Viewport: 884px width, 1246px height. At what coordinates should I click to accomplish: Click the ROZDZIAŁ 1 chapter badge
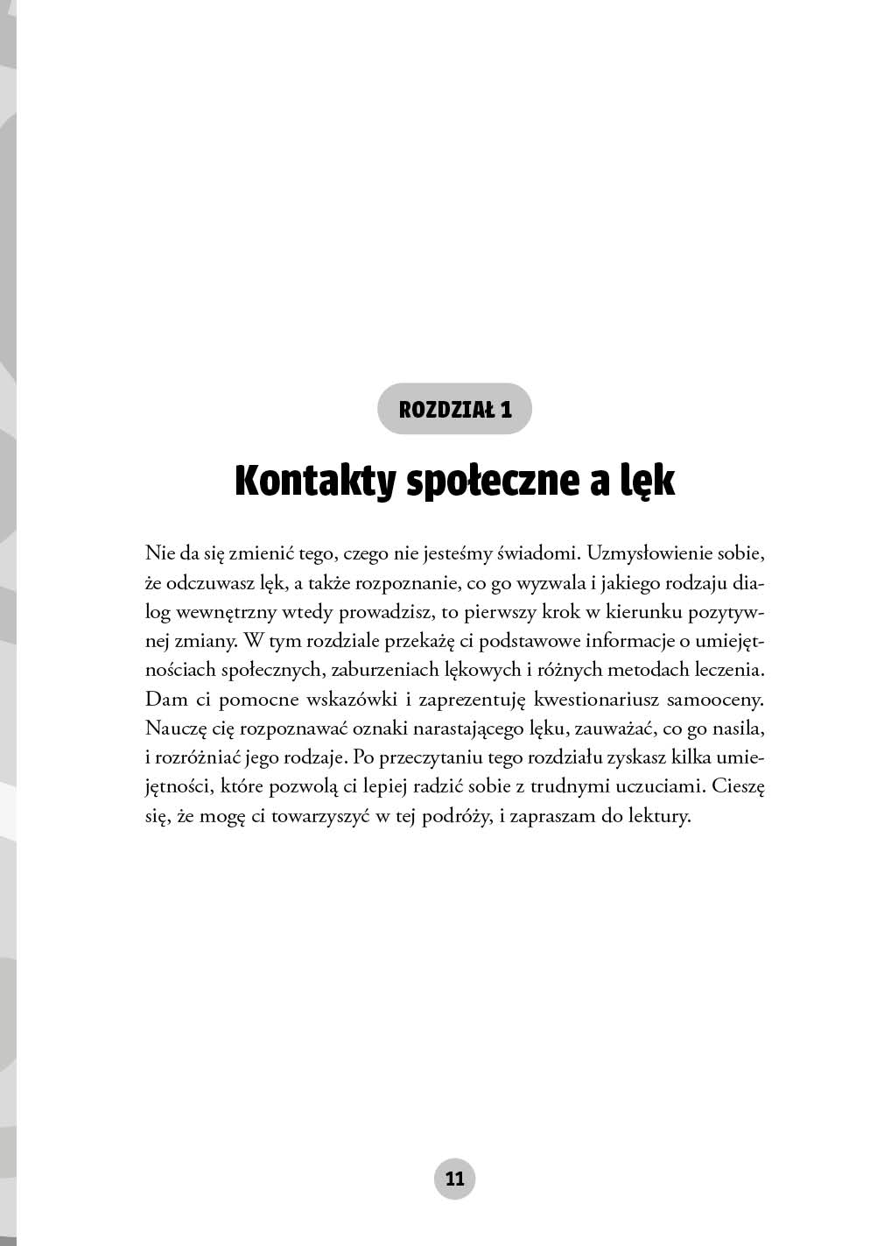pyautogui.click(x=454, y=408)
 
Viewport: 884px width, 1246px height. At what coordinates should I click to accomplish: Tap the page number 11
pyautogui.click(x=454, y=1178)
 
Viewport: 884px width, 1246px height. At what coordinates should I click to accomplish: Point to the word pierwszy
pyautogui.click(x=477, y=613)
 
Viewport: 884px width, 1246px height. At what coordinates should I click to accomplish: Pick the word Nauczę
pyautogui.click(x=175, y=729)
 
